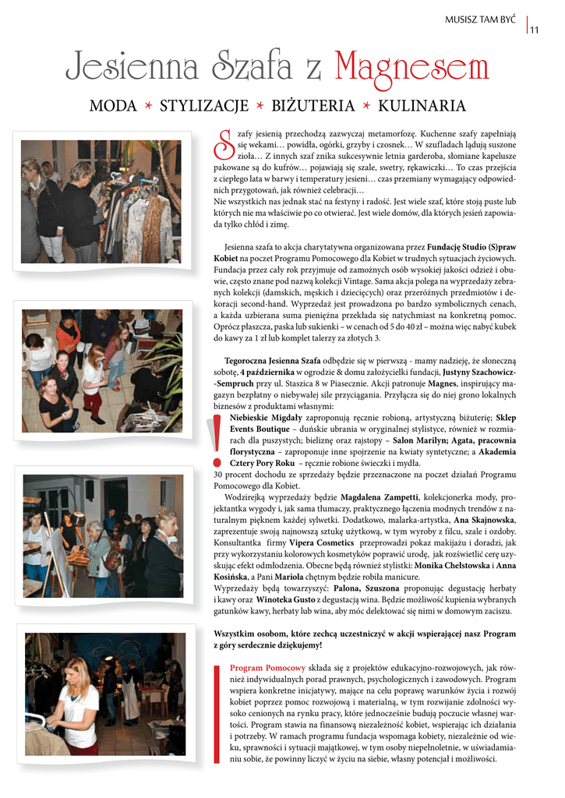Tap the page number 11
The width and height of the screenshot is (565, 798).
click(x=535, y=30)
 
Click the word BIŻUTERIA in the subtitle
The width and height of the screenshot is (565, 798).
click(x=314, y=106)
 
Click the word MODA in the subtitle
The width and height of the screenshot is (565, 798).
click(x=113, y=106)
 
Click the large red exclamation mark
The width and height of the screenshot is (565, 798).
click(x=217, y=441)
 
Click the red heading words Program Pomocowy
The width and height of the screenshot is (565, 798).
click(x=267, y=668)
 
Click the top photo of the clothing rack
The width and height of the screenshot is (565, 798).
click(x=101, y=201)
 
